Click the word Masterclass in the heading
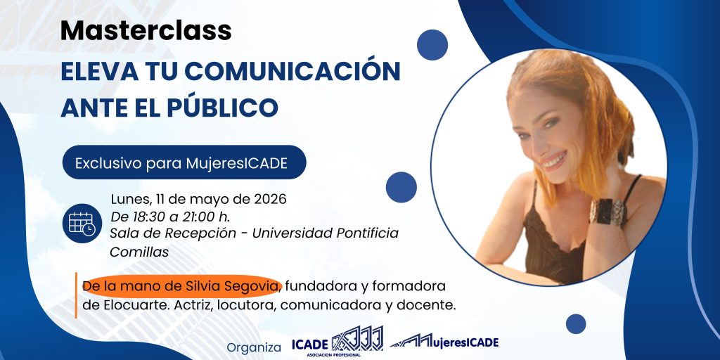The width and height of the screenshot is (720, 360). [146, 30]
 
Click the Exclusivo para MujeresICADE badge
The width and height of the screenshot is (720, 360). [184, 163]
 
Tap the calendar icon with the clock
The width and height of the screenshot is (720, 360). [82, 222]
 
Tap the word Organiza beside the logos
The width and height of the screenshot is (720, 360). [254, 347]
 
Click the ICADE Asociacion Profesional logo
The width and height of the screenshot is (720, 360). [337, 342]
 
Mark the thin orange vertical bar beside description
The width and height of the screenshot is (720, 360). [76, 295]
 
